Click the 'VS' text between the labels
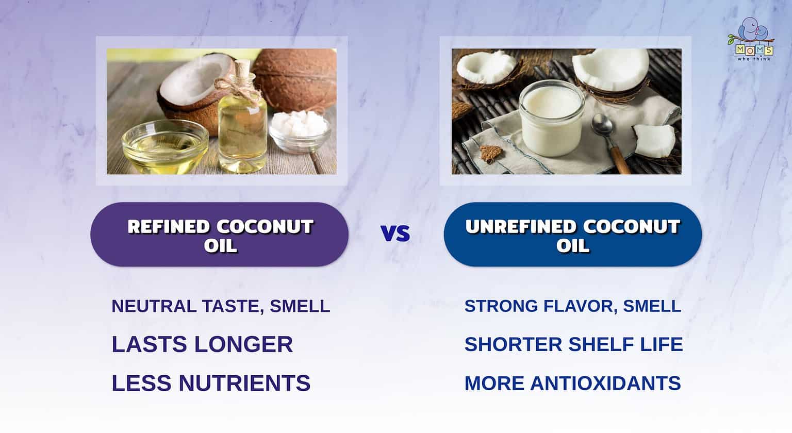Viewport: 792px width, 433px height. point(395,234)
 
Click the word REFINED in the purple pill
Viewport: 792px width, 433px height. point(169,227)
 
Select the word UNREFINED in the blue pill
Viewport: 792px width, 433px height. point(521,227)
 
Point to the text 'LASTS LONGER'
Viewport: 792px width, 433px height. point(202,344)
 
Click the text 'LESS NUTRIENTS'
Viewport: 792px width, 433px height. point(211,384)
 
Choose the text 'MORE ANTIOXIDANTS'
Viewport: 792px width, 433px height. point(572,384)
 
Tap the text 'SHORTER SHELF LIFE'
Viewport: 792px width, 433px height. point(573,344)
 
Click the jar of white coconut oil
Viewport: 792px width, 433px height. point(551,119)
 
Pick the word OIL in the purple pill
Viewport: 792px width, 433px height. point(220,246)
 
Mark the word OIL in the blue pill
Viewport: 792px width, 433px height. point(572,246)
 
